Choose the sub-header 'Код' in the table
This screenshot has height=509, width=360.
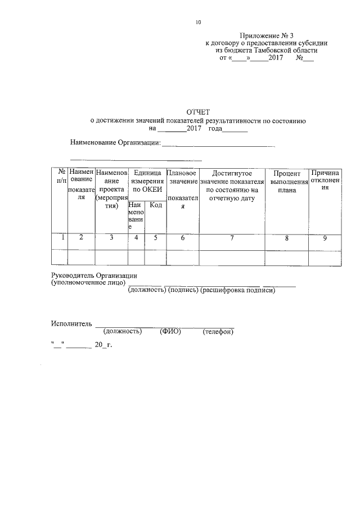pyautogui.click(x=156, y=205)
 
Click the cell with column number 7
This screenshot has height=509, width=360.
pyautogui.click(x=232, y=238)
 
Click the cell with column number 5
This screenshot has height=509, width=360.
pyautogui.click(x=155, y=238)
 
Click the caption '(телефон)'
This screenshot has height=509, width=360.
pyautogui.click(x=218, y=332)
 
